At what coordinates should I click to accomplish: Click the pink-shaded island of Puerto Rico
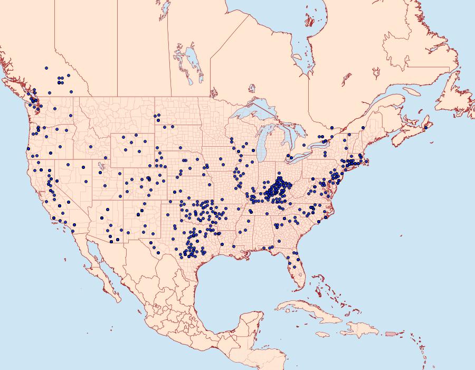[391, 334]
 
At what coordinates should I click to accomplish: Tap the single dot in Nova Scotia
[425, 127]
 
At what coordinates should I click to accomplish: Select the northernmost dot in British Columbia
[47, 68]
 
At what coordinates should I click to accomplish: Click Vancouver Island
[21, 91]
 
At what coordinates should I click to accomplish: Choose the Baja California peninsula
[100, 269]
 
